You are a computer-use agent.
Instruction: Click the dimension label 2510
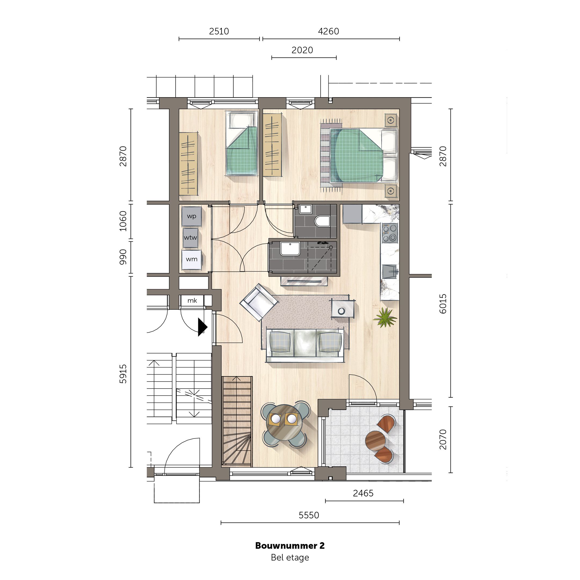(219, 31)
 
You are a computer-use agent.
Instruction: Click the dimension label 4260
(328, 31)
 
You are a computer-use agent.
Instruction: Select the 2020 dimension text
(302, 50)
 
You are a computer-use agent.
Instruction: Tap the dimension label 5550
(309, 515)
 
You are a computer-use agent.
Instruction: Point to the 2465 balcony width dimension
(363, 493)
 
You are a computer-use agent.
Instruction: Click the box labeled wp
(191, 216)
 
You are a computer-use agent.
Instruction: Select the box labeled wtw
(191, 238)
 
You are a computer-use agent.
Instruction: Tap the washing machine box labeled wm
(191, 259)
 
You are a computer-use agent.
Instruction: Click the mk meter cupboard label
(192, 300)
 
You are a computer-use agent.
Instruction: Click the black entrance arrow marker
(202, 327)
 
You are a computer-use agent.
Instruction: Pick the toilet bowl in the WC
(322, 221)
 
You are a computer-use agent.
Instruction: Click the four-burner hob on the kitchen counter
(390, 233)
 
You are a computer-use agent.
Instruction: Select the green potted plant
(385, 317)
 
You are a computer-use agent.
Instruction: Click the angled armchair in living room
(259, 302)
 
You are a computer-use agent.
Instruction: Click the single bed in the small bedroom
(242, 143)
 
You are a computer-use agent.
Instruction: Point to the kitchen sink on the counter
(390, 272)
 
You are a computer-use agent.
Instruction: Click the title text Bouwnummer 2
(290, 545)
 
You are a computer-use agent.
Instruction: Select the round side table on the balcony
(375, 440)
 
